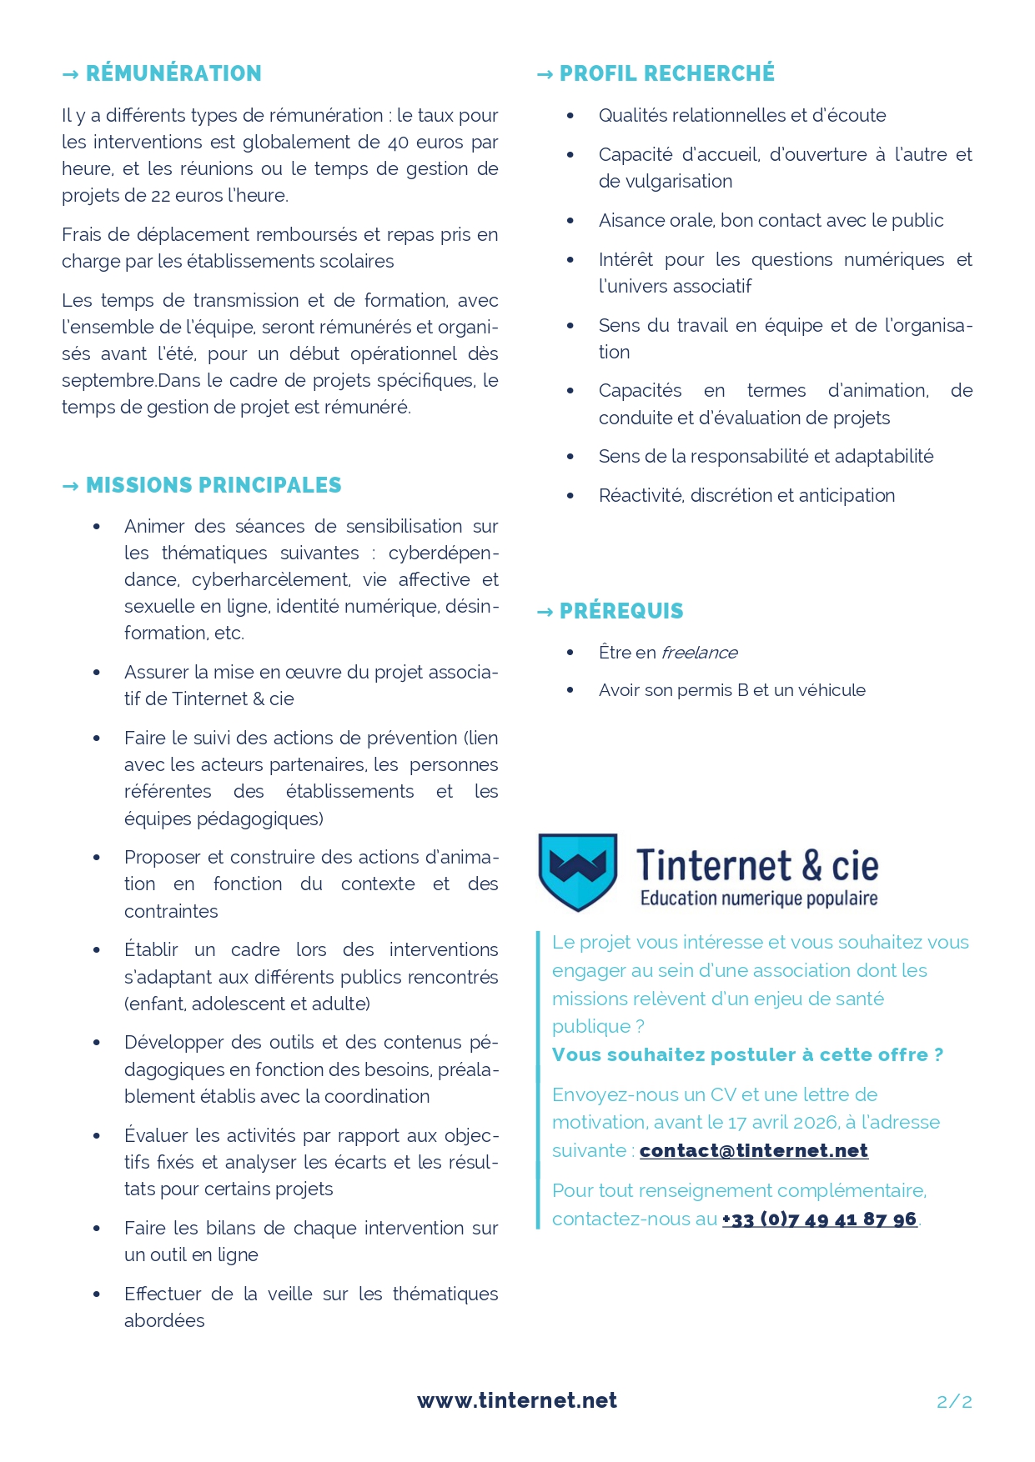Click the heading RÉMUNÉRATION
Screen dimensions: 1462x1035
[x=173, y=73]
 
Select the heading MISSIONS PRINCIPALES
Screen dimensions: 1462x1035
[x=214, y=485]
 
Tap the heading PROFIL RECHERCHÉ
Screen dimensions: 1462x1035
[x=666, y=73]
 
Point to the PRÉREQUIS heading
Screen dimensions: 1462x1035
[x=621, y=611]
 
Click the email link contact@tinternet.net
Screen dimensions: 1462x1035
[x=753, y=1150]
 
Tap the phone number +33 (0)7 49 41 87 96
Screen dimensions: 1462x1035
[x=819, y=1219]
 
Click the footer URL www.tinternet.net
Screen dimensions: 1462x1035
[x=517, y=1400]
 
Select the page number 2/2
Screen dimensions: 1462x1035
[x=954, y=1401]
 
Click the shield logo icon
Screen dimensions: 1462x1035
[x=577, y=870]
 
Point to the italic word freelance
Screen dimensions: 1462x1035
[x=699, y=653]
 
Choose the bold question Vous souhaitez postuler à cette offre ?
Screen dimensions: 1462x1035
[x=747, y=1054]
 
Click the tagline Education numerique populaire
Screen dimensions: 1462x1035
[x=758, y=899]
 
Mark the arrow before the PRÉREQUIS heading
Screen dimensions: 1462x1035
[x=545, y=612]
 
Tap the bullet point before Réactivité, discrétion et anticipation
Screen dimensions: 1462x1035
[x=570, y=496]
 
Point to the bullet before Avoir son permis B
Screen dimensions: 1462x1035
[x=570, y=690]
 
